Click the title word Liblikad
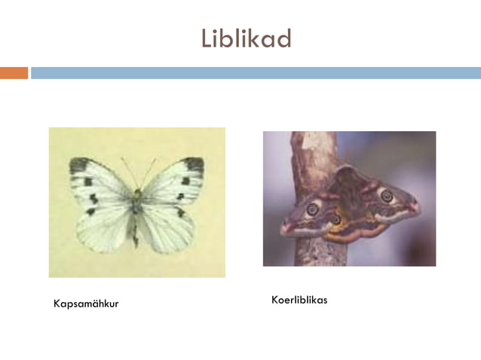(x=246, y=38)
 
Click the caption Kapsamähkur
(x=86, y=304)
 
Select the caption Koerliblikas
(x=299, y=301)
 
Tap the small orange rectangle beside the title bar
(x=14, y=73)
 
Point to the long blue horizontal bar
(x=256, y=73)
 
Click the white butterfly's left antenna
(x=128, y=172)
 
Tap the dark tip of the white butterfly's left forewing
(x=78, y=165)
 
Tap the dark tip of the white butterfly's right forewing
(x=195, y=163)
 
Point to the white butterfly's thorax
(x=136, y=199)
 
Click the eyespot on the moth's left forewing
(x=312, y=209)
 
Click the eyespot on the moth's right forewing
(x=387, y=197)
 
